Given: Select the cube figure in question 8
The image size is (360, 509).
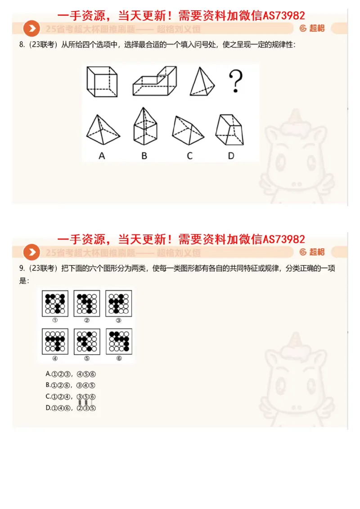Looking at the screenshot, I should (x=102, y=81).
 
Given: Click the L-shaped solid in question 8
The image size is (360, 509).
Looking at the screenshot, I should (x=154, y=81).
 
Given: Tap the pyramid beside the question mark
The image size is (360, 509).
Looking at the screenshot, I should (x=201, y=81).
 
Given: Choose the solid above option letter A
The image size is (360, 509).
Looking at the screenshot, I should (x=103, y=130).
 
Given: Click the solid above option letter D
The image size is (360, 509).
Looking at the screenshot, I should (x=230, y=129).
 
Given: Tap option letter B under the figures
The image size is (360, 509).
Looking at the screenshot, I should (x=144, y=156).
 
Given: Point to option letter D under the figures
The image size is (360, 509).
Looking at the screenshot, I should (x=231, y=156).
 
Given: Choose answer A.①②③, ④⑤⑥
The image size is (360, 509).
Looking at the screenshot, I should (x=71, y=374).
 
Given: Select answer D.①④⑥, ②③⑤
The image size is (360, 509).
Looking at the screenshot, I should (x=71, y=408).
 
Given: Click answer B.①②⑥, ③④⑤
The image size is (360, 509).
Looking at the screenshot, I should (x=71, y=385).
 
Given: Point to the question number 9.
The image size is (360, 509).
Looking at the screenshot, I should (x=21, y=269).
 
